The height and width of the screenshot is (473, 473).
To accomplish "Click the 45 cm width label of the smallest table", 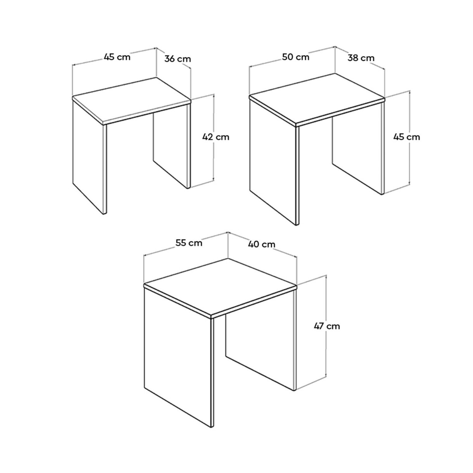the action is click(117, 57).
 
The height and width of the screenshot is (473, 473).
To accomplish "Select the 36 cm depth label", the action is click(178, 59).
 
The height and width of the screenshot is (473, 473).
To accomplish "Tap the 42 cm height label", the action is click(216, 137).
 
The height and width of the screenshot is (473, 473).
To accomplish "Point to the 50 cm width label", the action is click(295, 57).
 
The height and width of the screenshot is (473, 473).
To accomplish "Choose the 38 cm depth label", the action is click(361, 58).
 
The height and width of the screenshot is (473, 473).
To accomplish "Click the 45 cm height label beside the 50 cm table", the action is click(406, 137).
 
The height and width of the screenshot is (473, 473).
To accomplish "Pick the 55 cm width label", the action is click(189, 243).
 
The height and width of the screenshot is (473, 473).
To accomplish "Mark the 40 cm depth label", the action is click(261, 244).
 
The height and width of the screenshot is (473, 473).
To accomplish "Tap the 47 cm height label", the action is click(327, 326).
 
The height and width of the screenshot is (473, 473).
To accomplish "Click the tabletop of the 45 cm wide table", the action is click(131, 100).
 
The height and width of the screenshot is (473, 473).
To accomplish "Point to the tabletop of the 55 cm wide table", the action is click(220, 287).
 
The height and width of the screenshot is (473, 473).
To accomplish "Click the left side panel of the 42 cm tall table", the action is click(89, 157).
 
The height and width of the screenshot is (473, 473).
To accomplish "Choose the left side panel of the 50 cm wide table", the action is click(274, 162).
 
